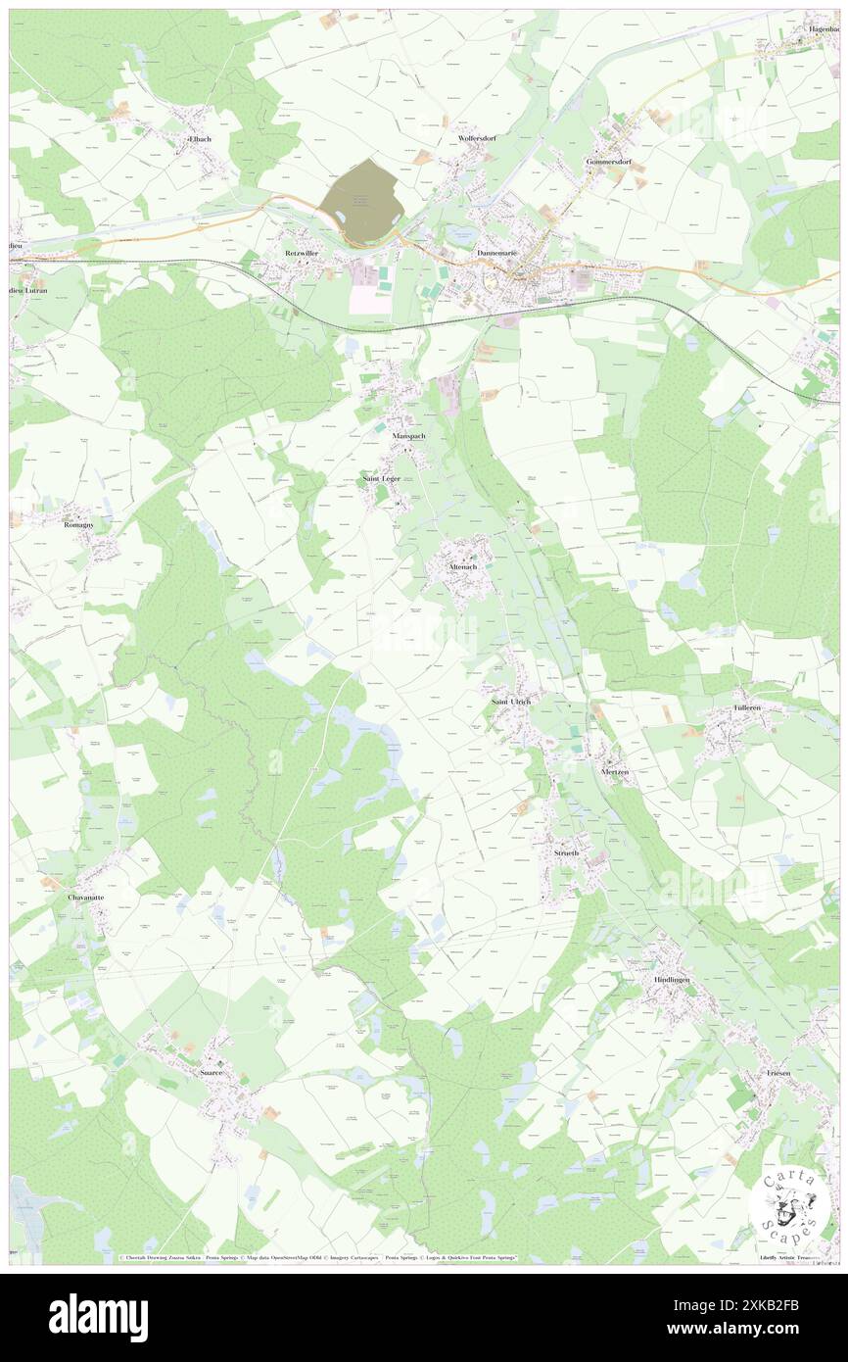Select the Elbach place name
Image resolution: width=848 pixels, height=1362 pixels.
point(200,140)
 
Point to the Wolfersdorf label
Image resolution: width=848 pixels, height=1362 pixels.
point(478,139)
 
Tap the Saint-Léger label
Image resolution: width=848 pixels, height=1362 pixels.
point(381,478)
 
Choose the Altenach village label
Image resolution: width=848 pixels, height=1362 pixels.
point(457,567)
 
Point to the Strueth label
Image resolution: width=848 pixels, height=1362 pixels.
point(566,853)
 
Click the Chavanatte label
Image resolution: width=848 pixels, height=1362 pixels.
point(86,897)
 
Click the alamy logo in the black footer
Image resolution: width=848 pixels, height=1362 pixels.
point(98,1317)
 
